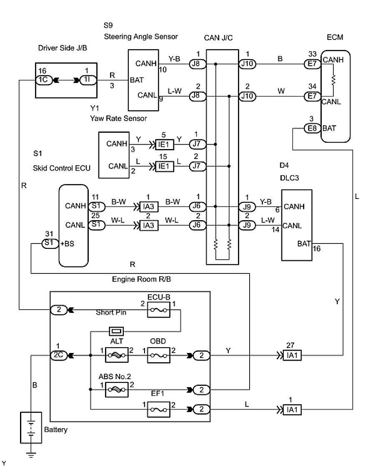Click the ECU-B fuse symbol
click(x=159, y=310)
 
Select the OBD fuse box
click(x=159, y=355)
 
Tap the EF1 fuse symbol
click(x=159, y=410)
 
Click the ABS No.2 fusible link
click(x=117, y=389)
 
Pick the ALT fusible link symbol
click(x=117, y=355)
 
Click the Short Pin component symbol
click(x=116, y=331)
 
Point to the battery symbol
click(x=31, y=428)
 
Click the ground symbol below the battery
click(x=31, y=455)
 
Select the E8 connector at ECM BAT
click(x=312, y=128)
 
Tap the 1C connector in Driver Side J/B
click(x=44, y=80)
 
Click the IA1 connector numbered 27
click(x=292, y=355)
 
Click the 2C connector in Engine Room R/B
click(x=58, y=355)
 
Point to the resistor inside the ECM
click(x=333, y=80)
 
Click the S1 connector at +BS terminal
click(x=50, y=243)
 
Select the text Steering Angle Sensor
click(x=141, y=37)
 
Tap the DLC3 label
click(x=289, y=178)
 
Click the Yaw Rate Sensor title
click(x=118, y=119)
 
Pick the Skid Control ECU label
click(x=61, y=168)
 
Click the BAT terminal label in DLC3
click(x=304, y=243)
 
